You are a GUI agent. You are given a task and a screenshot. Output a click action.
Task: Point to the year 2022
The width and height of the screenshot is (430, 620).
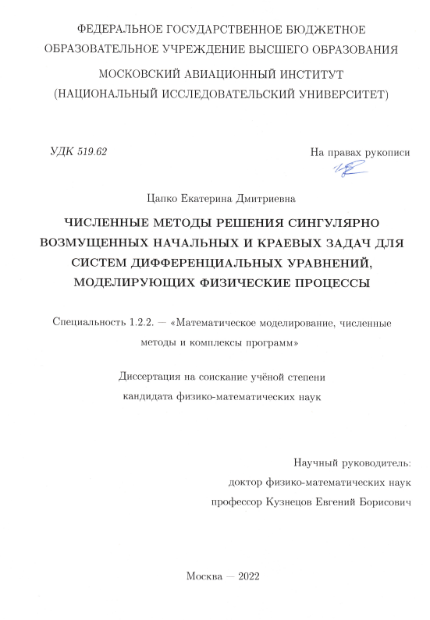242,576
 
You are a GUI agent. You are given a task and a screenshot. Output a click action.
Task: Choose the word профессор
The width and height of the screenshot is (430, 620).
236,503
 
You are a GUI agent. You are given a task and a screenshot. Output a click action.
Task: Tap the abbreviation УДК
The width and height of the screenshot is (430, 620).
62,151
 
